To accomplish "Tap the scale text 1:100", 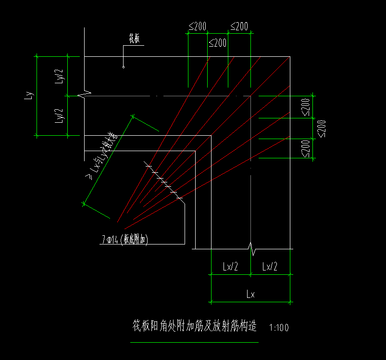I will (279, 328).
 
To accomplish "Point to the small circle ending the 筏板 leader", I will (124, 66).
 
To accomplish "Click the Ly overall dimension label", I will (29, 95).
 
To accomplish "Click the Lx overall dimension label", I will (250, 295).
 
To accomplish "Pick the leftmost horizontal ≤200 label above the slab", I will (198, 27).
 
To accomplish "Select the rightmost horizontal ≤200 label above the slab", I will (239, 27).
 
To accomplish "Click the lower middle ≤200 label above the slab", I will (217, 43).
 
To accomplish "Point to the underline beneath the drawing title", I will (194, 342).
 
